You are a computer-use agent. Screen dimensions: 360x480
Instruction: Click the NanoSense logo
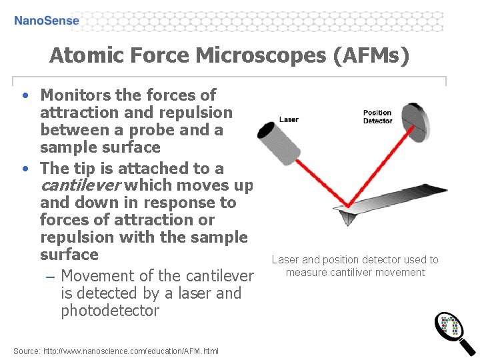point(47,20)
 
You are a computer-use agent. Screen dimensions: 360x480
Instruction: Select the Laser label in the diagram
point(289,119)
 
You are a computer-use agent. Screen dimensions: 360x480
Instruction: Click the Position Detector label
point(377,117)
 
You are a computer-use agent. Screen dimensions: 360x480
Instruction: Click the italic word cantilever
point(81,185)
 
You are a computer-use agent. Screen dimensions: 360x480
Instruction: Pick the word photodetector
point(110,311)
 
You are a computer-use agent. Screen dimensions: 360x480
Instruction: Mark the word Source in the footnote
point(26,351)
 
